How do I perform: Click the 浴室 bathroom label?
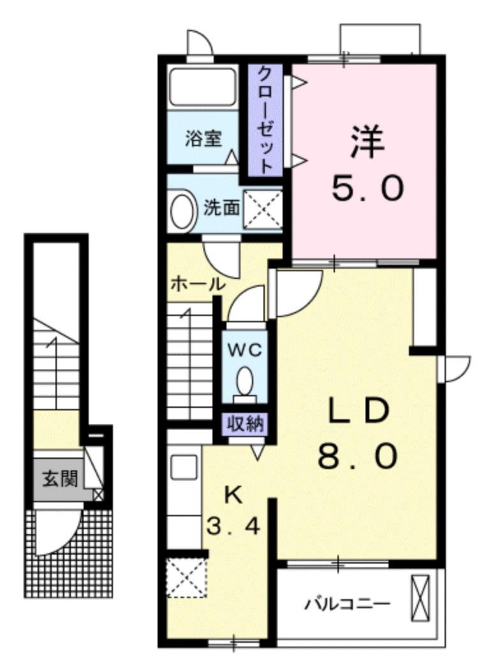click(x=204, y=139)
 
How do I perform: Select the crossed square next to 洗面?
click(x=263, y=210)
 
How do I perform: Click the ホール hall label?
click(x=197, y=285)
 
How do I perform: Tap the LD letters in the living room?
click(x=358, y=412)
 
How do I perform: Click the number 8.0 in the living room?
click(x=358, y=457)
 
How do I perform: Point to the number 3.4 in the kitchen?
click(x=233, y=527)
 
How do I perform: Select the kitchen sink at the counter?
click(x=184, y=468)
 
